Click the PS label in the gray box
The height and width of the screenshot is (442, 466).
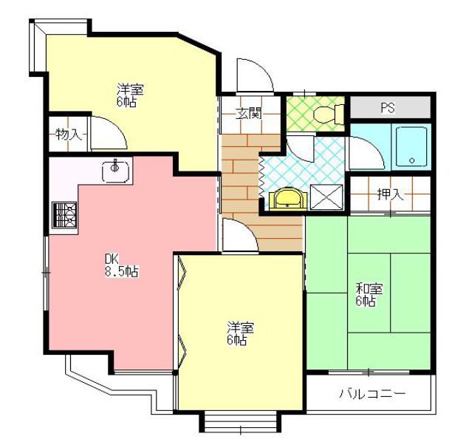pyautogui.click(x=388, y=108)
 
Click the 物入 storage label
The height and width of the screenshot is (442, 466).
pyautogui.click(x=69, y=135)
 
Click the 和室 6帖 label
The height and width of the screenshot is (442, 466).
pyautogui.click(x=367, y=294)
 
